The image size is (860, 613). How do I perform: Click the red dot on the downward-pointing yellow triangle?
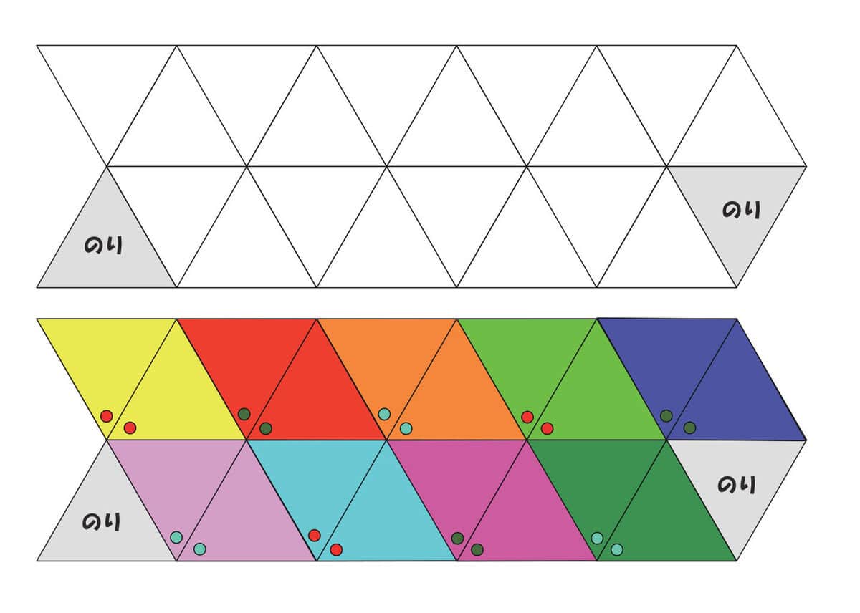106,416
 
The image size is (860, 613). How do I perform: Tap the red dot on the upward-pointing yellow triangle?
130,428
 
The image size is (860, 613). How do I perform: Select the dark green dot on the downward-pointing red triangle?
244,415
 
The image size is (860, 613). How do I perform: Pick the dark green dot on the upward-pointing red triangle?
266,428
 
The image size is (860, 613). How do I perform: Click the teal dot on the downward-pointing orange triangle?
384,415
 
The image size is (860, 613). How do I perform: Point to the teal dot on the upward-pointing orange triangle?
406,428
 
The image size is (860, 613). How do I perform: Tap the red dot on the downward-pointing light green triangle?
527,417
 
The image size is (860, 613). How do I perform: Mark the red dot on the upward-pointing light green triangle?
547,428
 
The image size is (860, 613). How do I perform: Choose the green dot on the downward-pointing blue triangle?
666,416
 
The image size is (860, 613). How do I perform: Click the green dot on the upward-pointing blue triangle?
689,428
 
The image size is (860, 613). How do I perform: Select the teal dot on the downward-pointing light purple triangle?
176,537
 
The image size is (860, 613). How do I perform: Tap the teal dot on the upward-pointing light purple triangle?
200,549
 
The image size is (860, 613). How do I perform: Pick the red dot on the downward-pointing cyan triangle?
315,536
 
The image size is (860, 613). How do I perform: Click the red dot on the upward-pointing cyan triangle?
336,550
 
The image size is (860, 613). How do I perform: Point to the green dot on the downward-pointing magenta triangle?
457,539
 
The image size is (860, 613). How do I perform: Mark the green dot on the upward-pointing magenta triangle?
477,550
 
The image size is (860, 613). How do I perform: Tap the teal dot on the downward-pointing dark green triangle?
597,539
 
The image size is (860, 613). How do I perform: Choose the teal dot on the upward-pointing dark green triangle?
616,550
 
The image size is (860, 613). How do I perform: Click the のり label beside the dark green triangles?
737,484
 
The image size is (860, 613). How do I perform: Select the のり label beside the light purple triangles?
101,522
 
